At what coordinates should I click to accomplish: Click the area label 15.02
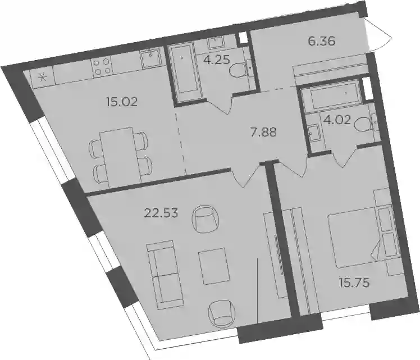click(x=122, y=102)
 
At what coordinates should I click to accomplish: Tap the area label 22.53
click(x=161, y=213)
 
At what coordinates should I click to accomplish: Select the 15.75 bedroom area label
click(x=354, y=282)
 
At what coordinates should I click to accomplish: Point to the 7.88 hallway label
click(x=263, y=132)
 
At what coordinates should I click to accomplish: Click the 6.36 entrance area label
click(x=321, y=42)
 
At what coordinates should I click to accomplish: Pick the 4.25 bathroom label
click(x=217, y=60)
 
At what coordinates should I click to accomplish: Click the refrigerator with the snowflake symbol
click(x=42, y=79)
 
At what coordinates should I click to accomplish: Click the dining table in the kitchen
click(x=120, y=157)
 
